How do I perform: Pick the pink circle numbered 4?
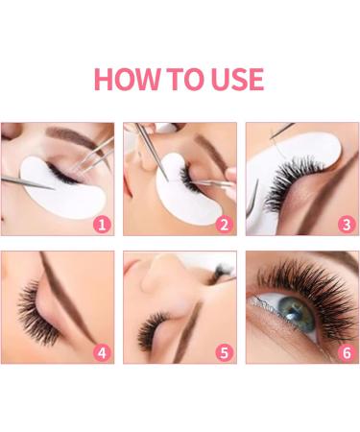[101, 351]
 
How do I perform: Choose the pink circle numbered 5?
[224, 351]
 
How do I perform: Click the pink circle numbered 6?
[347, 351]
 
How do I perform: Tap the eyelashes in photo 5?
[154, 331]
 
